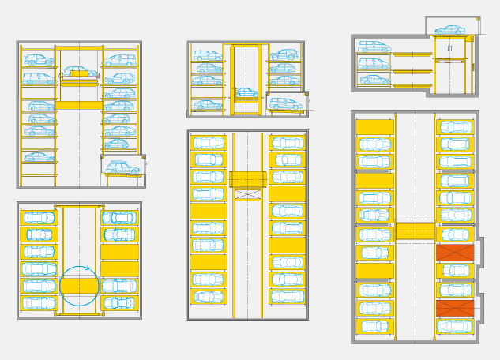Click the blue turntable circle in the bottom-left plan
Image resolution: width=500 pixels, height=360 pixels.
(x=79, y=286)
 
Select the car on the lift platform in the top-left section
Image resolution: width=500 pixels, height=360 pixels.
(x=79, y=73)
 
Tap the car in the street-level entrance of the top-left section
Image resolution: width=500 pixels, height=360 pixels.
(x=122, y=168)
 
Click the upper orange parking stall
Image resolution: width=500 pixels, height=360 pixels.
(x=455, y=253)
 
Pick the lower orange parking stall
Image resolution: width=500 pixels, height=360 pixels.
(x=455, y=308)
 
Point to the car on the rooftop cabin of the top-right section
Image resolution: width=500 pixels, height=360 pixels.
(x=450, y=30)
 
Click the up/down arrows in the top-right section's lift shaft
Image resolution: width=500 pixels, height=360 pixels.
(x=449, y=48)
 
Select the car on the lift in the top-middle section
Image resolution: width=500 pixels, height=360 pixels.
(x=246, y=93)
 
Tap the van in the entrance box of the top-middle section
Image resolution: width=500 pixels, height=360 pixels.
(x=285, y=103)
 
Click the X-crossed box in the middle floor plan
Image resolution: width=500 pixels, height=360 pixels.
(x=247, y=194)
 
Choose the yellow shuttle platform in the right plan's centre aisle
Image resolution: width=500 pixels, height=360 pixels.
(x=415, y=231)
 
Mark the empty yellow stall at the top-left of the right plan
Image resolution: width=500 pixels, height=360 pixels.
(x=374, y=127)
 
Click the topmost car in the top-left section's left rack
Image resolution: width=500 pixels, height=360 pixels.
(x=39, y=60)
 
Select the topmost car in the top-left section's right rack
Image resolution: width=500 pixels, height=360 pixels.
(x=120, y=60)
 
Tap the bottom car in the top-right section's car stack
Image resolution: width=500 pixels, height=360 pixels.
(x=374, y=79)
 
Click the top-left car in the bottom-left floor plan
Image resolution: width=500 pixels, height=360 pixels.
(x=39, y=218)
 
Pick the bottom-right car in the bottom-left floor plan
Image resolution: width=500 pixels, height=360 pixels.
(x=119, y=303)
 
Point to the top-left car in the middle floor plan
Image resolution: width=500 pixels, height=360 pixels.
(x=209, y=143)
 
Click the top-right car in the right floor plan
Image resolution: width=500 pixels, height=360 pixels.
(x=455, y=127)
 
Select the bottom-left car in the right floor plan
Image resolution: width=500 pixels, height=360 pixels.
(x=374, y=325)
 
